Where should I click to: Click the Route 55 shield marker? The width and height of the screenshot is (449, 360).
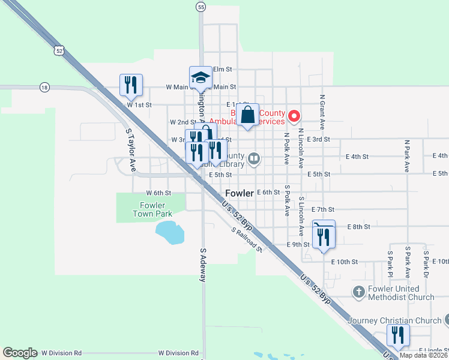pyautogui.click(x=200, y=7)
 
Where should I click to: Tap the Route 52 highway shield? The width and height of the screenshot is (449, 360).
pyautogui.click(x=58, y=51)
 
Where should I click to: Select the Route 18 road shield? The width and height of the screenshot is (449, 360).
pyautogui.click(x=44, y=87)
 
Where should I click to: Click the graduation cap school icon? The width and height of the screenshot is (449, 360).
pyautogui.click(x=201, y=77)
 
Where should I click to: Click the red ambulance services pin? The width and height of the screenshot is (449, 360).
pyautogui.click(x=294, y=116)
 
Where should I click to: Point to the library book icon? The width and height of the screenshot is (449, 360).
pyautogui.click(x=255, y=158)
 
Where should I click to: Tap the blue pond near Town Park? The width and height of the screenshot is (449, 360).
pyautogui.click(x=169, y=232)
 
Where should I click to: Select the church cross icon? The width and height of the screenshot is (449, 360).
pyautogui.click(x=358, y=292)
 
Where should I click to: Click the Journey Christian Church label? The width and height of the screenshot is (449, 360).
pyautogui.click(x=394, y=320)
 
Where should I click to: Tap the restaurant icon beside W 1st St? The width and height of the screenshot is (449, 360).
pyautogui.click(x=131, y=85)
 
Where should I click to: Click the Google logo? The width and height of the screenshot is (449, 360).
pyautogui.click(x=20, y=353)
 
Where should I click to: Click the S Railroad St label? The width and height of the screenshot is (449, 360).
pyautogui.click(x=247, y=239)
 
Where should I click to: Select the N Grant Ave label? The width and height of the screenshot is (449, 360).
pyautogui.click(x=322, y=112)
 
